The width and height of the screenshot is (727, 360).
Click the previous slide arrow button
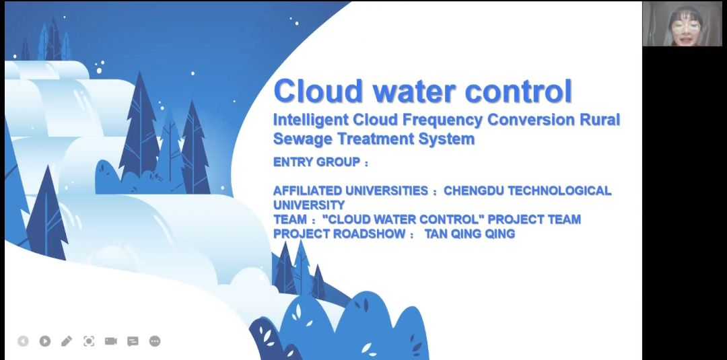point(23,341)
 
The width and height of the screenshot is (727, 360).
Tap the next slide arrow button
point(45,341)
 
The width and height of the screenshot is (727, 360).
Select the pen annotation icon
point(67,341)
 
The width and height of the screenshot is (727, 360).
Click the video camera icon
point(111,341)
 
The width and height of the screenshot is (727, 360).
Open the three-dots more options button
point(155,341)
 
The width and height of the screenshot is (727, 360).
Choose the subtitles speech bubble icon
point(133,341)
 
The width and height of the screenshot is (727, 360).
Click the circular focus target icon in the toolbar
point(89,341)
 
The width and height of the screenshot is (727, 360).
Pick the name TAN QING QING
point(470,234)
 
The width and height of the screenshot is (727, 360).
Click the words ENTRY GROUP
point(316,162)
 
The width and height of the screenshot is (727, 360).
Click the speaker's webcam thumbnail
point(682,24)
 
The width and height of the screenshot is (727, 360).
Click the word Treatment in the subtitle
point(376,139)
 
